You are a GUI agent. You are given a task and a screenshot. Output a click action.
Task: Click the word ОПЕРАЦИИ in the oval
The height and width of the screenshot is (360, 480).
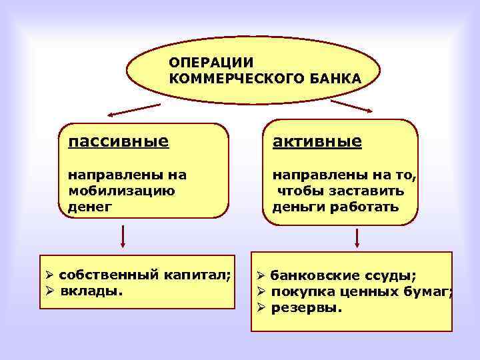point(211,63)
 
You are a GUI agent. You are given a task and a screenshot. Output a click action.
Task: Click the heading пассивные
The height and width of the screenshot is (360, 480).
point(118,141)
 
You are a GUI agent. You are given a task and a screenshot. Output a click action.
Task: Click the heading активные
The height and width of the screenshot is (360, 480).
point(317,141)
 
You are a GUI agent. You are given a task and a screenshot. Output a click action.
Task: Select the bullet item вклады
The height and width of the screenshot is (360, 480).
point(91,291)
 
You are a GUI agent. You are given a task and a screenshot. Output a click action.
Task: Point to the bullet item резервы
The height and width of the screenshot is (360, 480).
point(307,308)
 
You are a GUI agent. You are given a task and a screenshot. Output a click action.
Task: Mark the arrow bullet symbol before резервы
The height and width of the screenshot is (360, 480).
point(262,308)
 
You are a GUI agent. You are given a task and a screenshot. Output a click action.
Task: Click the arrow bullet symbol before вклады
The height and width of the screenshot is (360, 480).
point(49,291)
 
